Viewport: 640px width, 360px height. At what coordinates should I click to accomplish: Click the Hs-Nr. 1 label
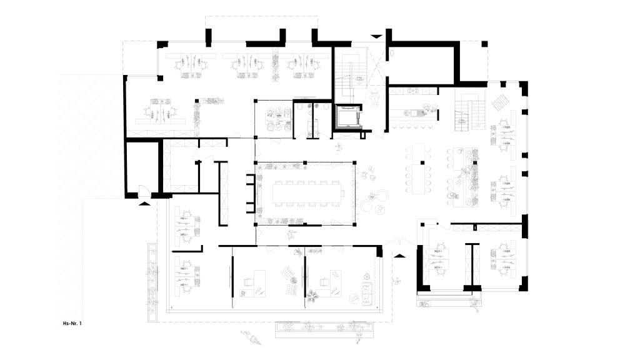tap(72, 323)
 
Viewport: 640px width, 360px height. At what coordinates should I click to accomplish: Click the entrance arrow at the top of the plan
tap(376, 36)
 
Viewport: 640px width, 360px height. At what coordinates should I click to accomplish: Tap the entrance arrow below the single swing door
tap(144, 202)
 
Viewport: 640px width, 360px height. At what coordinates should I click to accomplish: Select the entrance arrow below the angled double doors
tap(399, 256)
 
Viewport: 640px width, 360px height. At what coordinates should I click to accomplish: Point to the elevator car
tap(347, 116)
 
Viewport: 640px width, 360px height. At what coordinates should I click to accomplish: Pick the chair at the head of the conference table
tap(343, 194)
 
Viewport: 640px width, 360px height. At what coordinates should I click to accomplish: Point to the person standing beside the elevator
tap(374, 97)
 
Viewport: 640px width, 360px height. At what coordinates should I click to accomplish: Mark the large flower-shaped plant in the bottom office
tap(314, 294)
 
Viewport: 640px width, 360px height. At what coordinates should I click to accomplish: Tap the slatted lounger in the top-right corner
tap(501, 102)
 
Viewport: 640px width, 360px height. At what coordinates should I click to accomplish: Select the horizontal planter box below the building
tap(324, 330)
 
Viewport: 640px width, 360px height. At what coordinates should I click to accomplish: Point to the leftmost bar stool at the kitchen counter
tap(394, 126)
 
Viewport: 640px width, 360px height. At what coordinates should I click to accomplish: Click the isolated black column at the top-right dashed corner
tap(484, 44)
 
